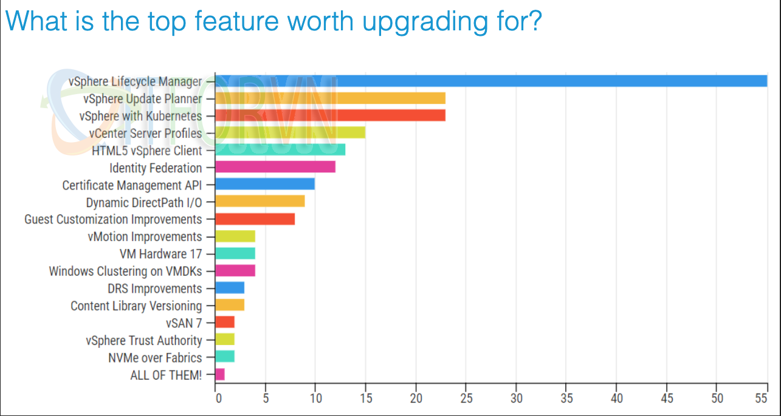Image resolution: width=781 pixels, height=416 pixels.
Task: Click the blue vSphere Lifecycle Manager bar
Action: (491, 81)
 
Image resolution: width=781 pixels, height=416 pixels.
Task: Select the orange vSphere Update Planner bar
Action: (330, 98)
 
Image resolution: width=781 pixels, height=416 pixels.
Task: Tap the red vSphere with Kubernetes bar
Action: (330, 115)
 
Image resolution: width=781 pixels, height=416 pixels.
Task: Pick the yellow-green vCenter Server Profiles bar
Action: (290, 133)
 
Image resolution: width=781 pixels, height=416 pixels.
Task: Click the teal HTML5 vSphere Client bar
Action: (280, 150)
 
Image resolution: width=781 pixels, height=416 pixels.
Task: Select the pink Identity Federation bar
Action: (275, 168)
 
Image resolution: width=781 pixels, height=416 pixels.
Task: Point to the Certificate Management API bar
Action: (265, 185)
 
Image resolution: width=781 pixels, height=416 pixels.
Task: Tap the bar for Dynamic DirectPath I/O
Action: (260, 202)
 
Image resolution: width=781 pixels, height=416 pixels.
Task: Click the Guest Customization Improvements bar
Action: (255, 219)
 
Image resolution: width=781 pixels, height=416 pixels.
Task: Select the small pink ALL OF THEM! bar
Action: (220, 375)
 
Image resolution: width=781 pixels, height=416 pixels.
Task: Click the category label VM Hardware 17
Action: (160, 254)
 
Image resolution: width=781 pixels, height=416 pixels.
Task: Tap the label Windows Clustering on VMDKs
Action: (125, 271)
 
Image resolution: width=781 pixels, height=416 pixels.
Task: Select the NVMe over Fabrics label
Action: (154, 358)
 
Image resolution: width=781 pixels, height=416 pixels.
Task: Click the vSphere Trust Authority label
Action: (143, 341)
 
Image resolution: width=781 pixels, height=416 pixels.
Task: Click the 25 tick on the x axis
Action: (466, 398)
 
